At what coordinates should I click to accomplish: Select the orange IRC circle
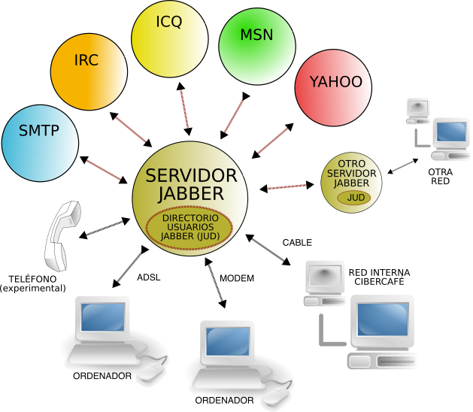[x=88, y=72]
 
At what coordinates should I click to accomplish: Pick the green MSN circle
[x=256, y=46]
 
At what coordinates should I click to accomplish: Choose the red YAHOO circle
[x=333, y=88]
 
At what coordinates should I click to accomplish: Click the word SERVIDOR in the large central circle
[x=191, y=176]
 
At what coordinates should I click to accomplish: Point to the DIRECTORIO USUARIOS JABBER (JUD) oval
[x=190, y=227]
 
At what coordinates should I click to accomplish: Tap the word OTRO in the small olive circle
[x=351, y=163]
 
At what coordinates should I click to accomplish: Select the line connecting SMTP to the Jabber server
[x=103, y=169]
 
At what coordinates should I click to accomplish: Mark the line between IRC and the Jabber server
[x=130, y=129]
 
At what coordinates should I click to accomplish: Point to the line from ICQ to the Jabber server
[x=184, y=109]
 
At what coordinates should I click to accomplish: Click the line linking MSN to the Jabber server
[x=235, y=116]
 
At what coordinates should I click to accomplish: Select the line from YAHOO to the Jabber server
[x=273, y=141]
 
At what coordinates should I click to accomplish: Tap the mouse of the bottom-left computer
[x=150, y=372]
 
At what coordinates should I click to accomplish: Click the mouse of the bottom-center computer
[x=276, y=395]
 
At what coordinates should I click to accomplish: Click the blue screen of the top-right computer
[x=450, y=132]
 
